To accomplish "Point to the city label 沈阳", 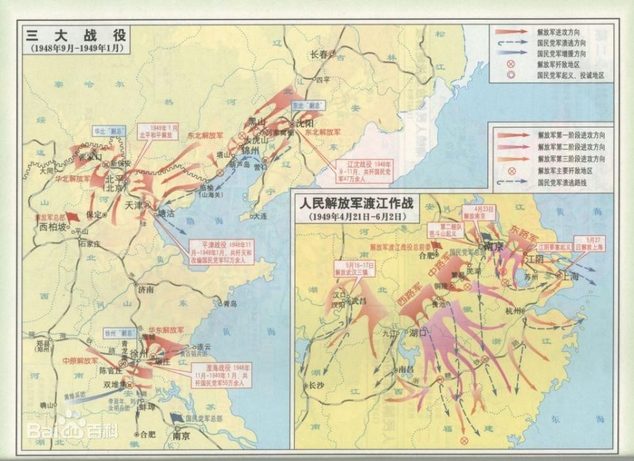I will pyautogui.click(x=305, y=122).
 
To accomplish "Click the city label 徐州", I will pyautogui.click(x=139, y=354).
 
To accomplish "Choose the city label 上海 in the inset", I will pyautogui.click(x=571, y=276).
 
